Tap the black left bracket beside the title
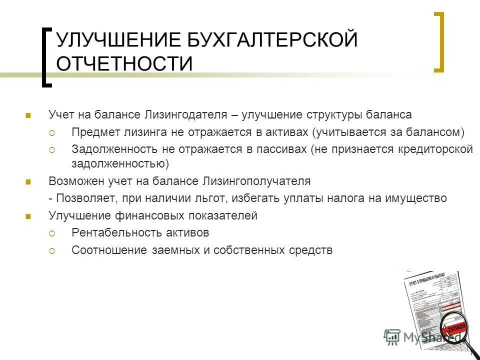click(x=46, y=57)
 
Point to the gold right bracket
click(x=438, y=42)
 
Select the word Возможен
click(x=72, y=181)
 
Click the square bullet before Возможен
click(x=27, y=181)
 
